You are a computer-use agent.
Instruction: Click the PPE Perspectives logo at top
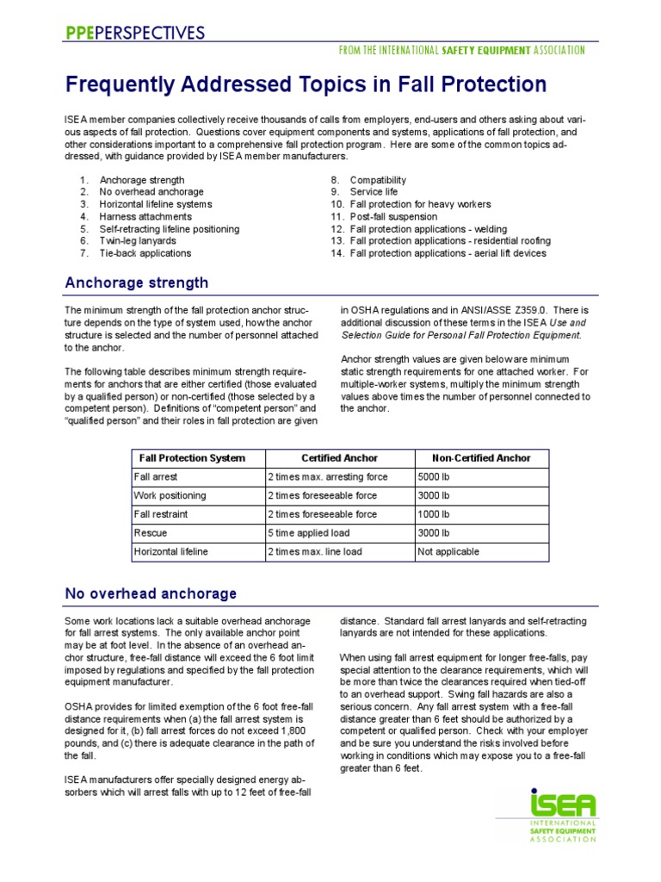pos(135,33)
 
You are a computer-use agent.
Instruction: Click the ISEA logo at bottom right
pos(563,813)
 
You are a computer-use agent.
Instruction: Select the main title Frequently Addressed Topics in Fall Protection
pos(306,84)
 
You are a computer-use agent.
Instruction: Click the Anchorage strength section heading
pos(137,283)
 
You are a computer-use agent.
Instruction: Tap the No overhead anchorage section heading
pos(151,593)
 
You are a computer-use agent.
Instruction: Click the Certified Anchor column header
pos(339,458)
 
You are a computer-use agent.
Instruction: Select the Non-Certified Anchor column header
pos(480,458)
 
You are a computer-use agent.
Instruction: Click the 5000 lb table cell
pos(434,476)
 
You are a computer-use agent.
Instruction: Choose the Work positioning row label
pos(170,495)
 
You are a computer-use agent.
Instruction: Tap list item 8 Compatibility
pos(378,180)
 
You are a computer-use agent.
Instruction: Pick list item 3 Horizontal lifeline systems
pos(154,204)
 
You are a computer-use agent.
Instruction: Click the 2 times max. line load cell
pos(314,551)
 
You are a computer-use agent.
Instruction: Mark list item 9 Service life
pos(374,192)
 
